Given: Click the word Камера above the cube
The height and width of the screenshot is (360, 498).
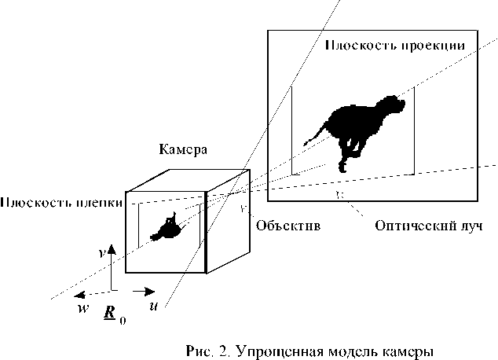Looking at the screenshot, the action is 184,149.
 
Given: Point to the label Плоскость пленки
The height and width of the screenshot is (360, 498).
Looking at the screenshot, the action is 60,203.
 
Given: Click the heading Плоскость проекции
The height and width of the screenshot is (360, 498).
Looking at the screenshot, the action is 390,45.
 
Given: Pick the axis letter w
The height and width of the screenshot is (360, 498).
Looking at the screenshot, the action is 82,307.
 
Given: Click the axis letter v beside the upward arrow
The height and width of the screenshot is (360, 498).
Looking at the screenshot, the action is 102,255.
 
